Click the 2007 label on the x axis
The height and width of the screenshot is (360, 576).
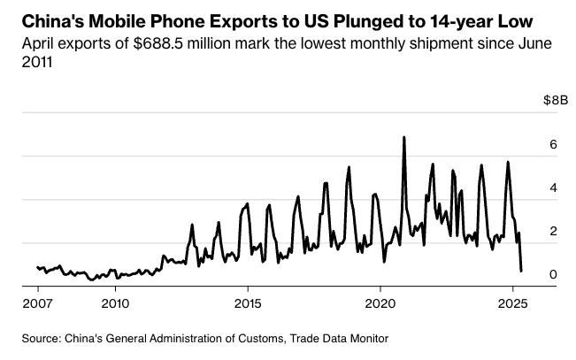point(38,303)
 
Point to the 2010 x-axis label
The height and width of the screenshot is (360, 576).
point(115,303)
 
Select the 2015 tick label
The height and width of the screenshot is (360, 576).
point(247,303)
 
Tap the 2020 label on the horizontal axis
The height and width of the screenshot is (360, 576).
point(380,303)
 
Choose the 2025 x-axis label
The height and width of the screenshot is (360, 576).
point(511,303)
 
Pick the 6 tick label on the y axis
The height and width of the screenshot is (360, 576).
point(553,144)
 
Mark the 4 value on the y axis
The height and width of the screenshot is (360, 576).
point(553,188)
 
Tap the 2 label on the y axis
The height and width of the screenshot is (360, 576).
point(553,231)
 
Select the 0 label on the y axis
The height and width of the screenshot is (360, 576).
point(553,274)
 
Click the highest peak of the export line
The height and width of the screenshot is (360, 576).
point(404,138)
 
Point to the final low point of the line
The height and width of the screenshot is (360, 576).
point(521,271)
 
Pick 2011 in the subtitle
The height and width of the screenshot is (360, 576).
point(38,64)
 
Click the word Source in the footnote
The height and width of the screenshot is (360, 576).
point(42,338)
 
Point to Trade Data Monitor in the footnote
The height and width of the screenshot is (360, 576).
point(342,338)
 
